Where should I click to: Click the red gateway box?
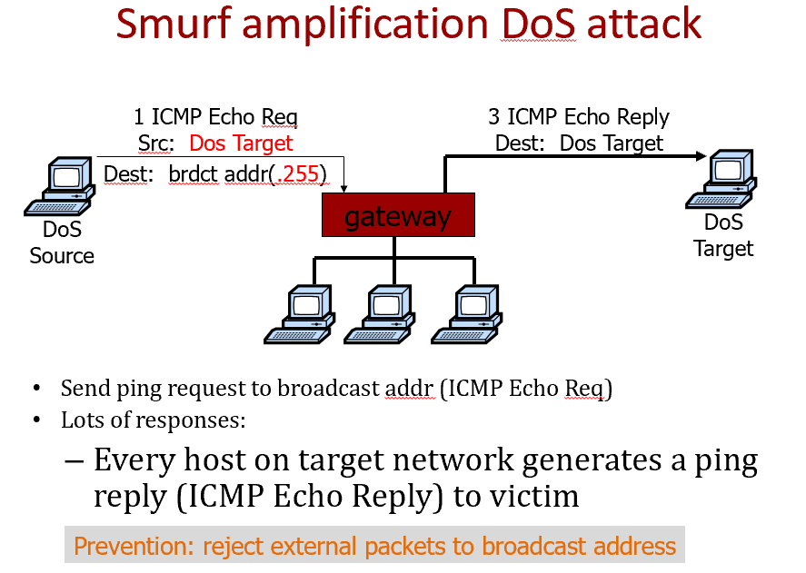[x=398, y=216]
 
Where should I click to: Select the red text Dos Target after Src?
[x=241, y=143]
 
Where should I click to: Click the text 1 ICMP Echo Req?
[x=215, y=117]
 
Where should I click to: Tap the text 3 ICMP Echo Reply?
[x=579, y=117]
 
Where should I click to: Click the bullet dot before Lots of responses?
[x=37, y=420]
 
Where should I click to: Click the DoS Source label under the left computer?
[x=62, y=243]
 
